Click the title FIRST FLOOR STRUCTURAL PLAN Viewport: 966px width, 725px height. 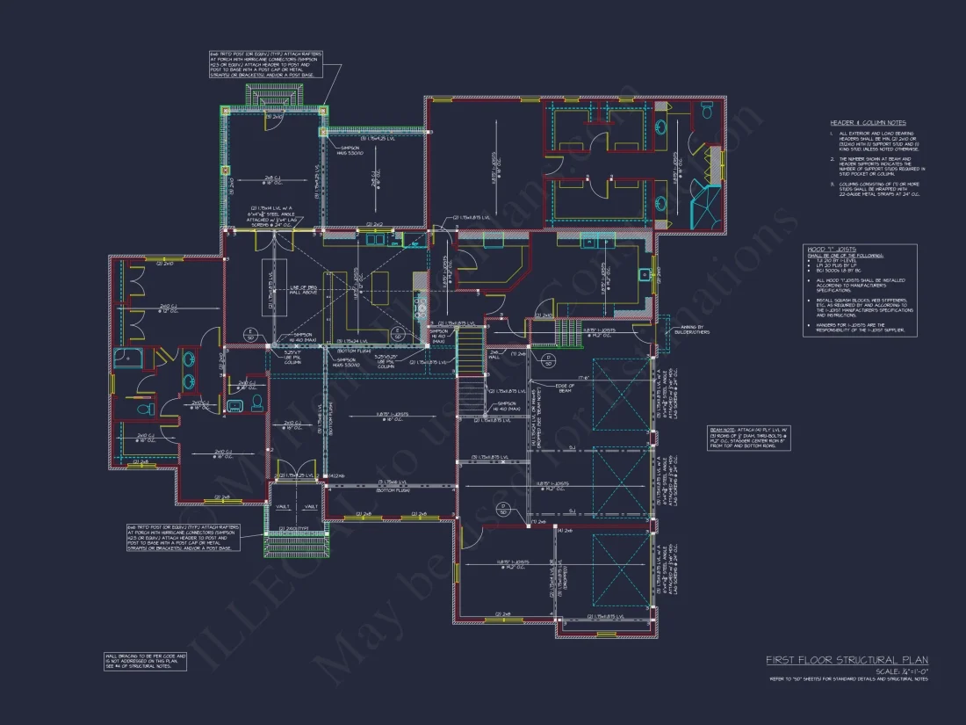click(846, 660)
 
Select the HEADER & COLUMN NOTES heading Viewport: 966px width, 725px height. click(868, 123)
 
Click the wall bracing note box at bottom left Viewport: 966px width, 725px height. click(145, 661)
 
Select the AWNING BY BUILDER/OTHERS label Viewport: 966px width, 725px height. click(689, 330)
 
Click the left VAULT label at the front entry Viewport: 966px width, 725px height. click(283, 506)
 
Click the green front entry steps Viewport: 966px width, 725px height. click(293, 545)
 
